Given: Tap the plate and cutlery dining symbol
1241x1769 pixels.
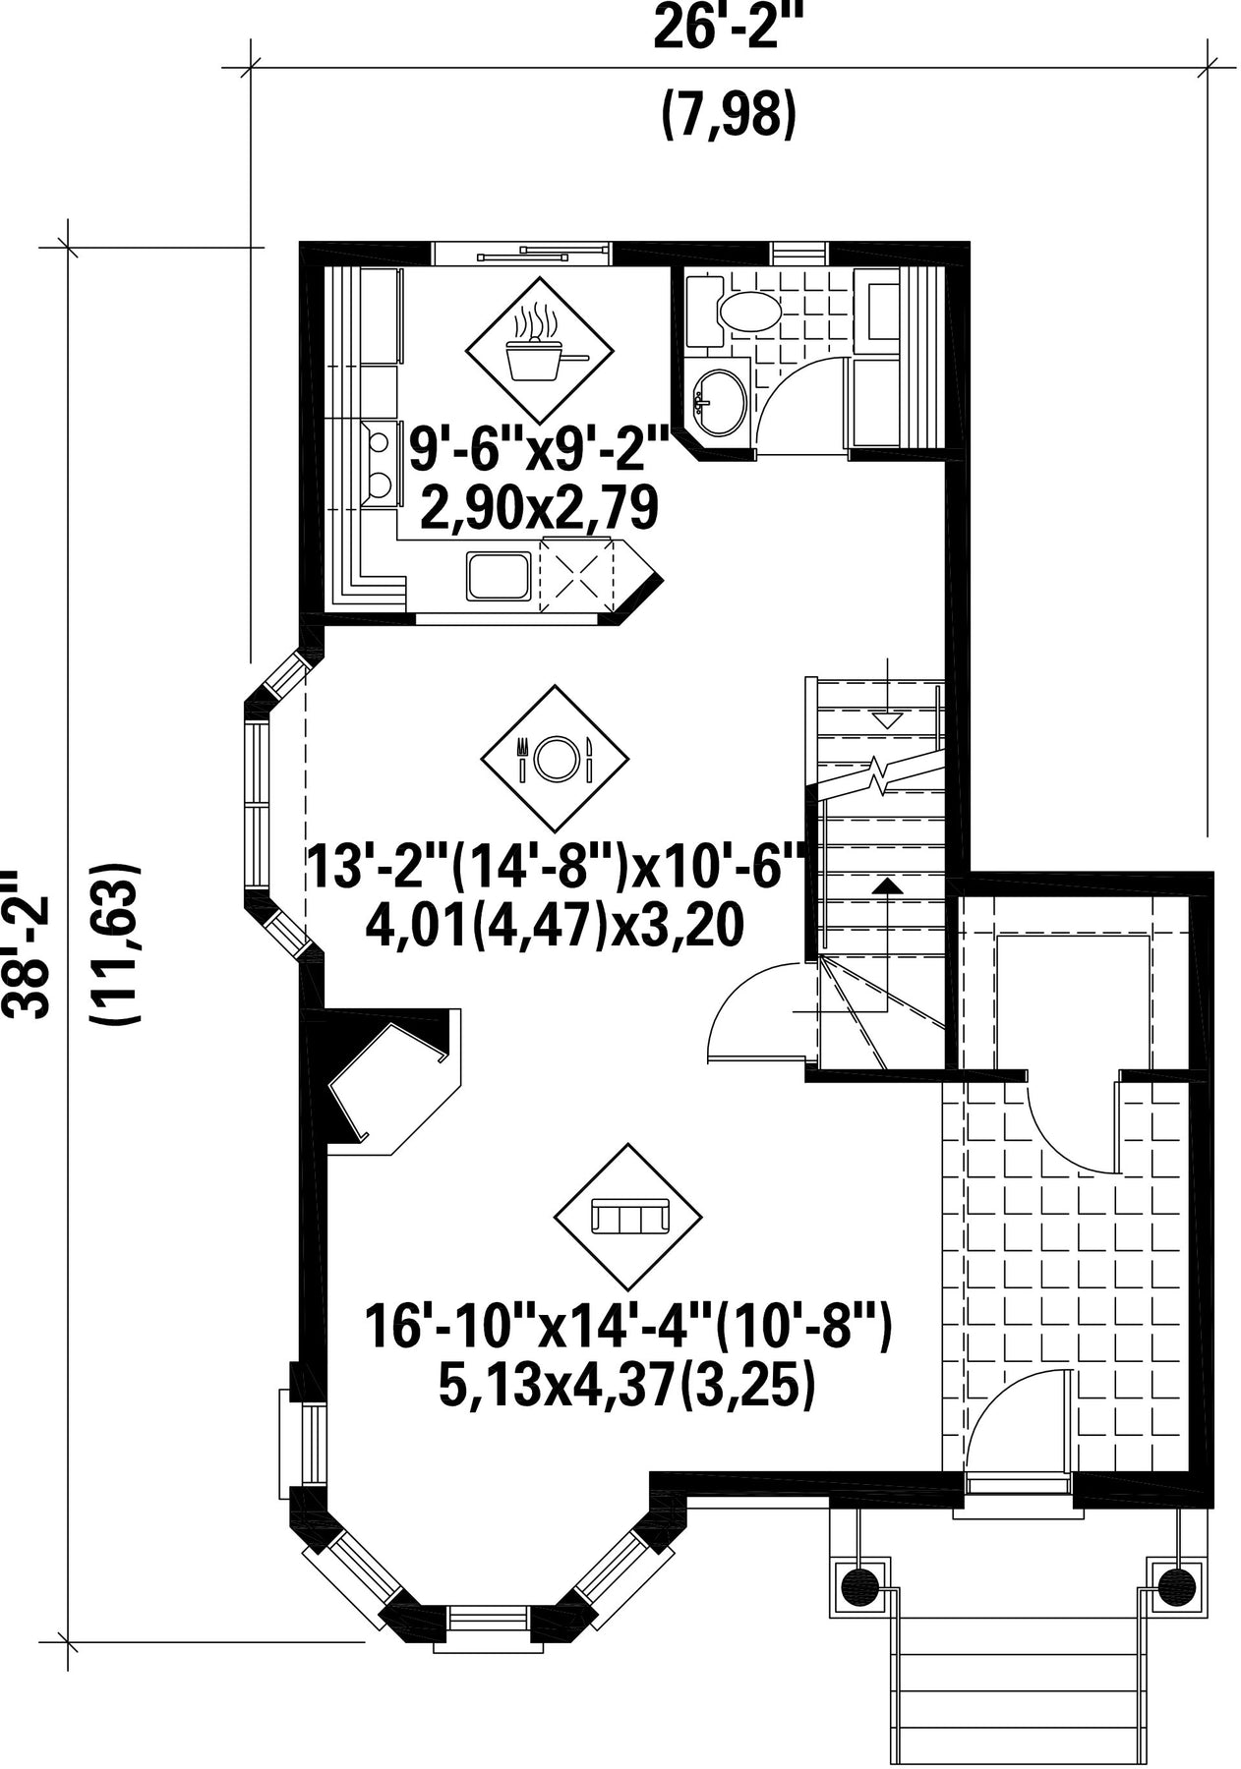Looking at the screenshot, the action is point(555,758).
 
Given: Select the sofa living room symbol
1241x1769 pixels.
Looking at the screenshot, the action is point(629,1218).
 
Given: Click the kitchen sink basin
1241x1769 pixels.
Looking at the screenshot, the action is point(500,576).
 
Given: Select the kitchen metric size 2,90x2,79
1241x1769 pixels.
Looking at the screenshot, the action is point(539,509).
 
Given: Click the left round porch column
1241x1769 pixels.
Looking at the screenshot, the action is point(859,1583).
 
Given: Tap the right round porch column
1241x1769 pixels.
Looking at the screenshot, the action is point(1175,1583).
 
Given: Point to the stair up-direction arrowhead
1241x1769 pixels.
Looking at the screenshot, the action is point(888,885).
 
